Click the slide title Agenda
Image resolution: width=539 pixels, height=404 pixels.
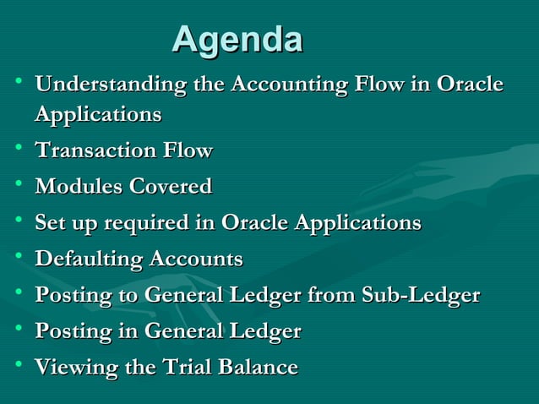point(237,40)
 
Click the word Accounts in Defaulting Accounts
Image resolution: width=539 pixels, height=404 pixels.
point(196,259)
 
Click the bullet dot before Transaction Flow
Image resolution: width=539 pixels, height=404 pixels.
point(18,149)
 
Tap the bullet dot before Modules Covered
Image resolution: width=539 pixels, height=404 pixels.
point(18,184)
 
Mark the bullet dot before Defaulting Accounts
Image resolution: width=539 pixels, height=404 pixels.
point(18,257)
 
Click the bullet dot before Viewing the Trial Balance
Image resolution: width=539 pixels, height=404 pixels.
point(18,365)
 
